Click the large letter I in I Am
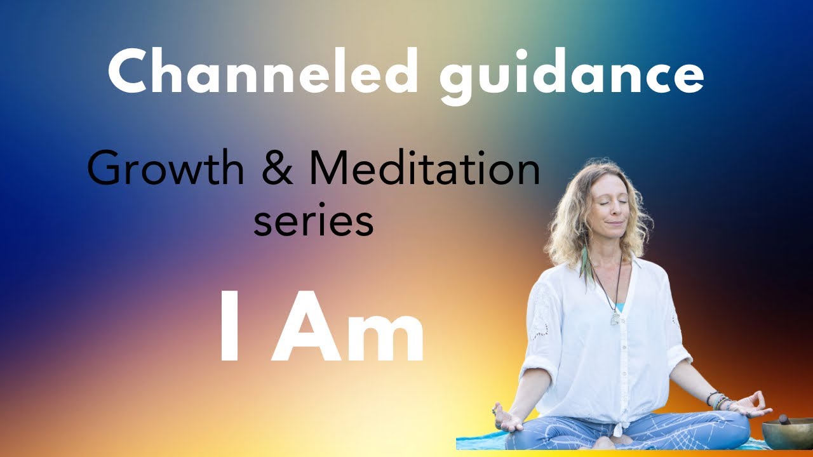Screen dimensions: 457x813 (230, 328)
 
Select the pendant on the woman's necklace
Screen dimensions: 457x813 (615, 317)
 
